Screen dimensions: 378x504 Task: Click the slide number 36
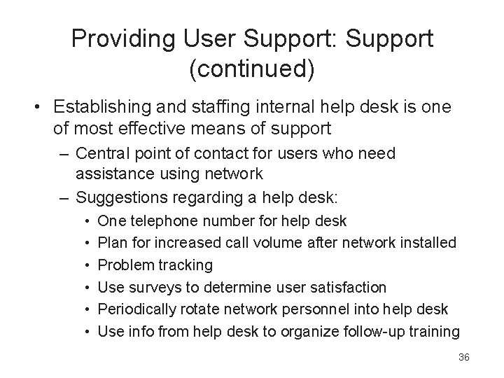point(463,357)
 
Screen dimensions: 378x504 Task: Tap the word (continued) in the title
point(252,69)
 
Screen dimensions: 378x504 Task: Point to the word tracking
point(186,265)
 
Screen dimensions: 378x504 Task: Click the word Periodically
point(136,309)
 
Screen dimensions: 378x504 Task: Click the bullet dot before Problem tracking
point(85,265)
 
